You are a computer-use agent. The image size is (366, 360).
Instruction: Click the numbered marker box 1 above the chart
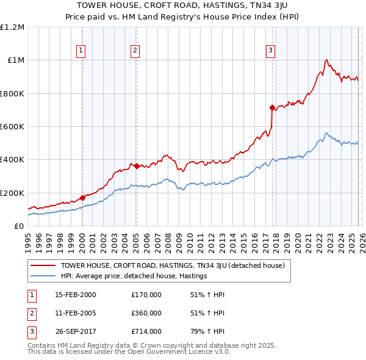(x=81, y=51)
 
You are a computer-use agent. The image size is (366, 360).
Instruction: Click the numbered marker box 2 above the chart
(x=135, y=51)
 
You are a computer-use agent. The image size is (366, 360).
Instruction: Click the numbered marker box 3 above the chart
(x=271, y=51)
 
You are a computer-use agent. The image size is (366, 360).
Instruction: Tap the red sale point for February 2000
(x=82, y=198)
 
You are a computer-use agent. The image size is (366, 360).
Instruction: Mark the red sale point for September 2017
(x=272, y=107)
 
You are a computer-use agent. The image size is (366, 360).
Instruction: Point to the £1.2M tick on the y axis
(x=12, y=27)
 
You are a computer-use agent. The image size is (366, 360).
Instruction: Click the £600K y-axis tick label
(x=12, y=127)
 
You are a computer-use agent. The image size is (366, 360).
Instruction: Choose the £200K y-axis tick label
(x=12, y=193)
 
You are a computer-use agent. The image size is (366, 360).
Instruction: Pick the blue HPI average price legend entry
(x=134, y=276)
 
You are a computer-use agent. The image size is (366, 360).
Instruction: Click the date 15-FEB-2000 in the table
(x=76, y=295)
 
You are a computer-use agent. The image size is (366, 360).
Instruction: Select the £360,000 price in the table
(x=146, y=313)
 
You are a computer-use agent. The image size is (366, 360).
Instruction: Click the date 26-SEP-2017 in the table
(x=76, y=331)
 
